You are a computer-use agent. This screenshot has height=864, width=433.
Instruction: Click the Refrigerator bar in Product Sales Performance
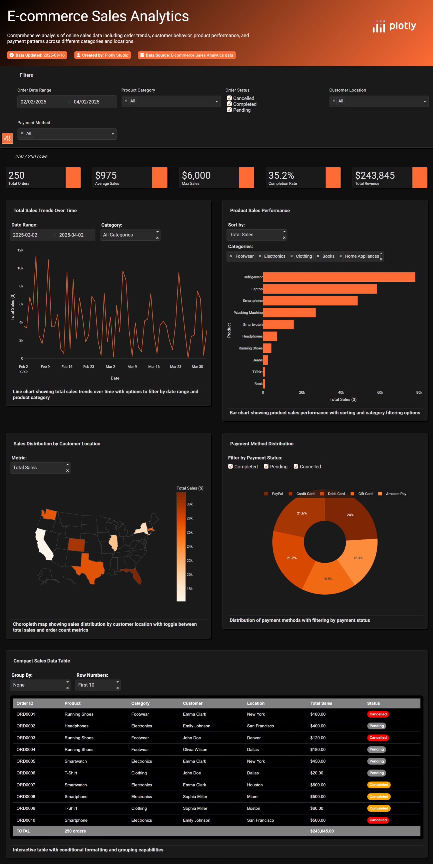click(x=339, y=277)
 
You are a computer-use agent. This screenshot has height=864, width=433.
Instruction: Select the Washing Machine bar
click(x=289, y=313)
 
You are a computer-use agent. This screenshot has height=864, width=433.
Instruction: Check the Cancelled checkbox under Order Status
click(x=230, y=98)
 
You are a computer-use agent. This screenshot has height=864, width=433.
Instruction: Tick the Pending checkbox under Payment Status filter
click(x=266, y=467)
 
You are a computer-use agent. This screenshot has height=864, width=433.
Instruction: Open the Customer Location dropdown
click(x=379, y=101)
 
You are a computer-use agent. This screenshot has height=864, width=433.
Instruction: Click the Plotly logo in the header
click(x=394, y=26)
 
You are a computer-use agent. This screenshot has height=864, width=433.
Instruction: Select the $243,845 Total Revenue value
click(x=375, y=175)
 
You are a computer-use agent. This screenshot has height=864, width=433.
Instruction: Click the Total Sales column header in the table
click(x=321, y=703)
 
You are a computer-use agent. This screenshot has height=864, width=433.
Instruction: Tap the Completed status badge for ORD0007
click(x=378, y=785)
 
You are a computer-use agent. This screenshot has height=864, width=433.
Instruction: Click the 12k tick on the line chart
click(x=20, y=250)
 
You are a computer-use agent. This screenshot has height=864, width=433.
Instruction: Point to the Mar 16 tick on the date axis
click(x=154, y=367)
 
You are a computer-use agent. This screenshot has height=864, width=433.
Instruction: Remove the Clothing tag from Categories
click(x=292, y=256)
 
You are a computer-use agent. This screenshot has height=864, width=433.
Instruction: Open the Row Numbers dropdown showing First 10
click(x=97, y=685)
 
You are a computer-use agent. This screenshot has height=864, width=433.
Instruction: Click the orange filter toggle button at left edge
click(x=7, y=138)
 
